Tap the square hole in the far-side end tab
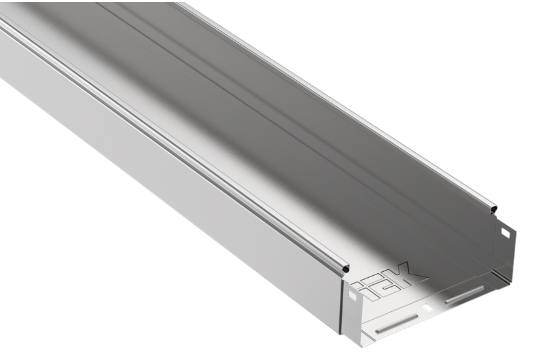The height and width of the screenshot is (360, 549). coord(505,232)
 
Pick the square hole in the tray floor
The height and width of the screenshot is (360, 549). coord(427,308)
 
